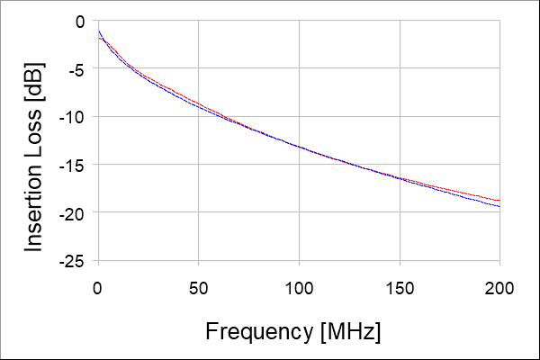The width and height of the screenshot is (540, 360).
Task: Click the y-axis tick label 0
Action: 80,21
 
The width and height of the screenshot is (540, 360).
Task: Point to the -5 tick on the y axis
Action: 77,68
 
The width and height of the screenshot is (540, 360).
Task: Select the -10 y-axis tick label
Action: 74,117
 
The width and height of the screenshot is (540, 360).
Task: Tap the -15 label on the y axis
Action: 74,165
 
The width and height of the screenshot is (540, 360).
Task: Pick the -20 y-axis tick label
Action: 74,212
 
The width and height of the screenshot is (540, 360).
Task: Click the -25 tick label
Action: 74,260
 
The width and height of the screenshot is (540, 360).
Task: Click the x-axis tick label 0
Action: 98,288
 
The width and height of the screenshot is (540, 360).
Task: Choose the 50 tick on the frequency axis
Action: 198,288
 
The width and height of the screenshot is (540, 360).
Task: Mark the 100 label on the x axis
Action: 299,288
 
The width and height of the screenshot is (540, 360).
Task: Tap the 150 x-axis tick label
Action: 399,288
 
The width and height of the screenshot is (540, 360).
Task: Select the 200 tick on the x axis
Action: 499,288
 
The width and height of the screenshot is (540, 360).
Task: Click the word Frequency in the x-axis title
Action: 259,331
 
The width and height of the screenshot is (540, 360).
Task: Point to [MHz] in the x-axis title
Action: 350,331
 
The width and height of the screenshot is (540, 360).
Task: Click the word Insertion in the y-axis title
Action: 33,204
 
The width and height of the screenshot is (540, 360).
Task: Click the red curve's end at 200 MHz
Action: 499,200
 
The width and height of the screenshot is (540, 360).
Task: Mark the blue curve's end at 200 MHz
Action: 499,207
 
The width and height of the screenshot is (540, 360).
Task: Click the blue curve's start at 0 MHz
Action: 98,31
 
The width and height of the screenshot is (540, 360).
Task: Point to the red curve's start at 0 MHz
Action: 98,37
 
